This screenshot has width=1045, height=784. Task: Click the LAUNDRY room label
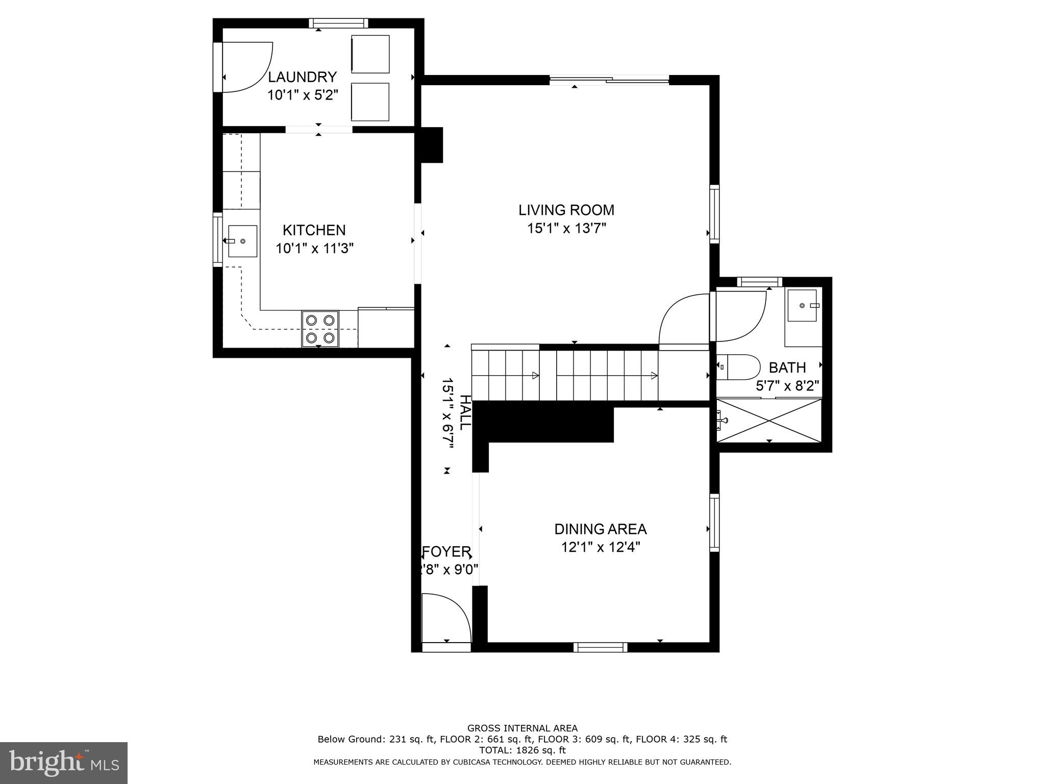point(303,77)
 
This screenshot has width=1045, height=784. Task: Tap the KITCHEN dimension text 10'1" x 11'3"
point(315,249)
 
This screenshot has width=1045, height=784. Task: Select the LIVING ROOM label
point(566,210)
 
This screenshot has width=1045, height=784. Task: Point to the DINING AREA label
point(601,529)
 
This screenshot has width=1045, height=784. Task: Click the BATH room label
point(787,367)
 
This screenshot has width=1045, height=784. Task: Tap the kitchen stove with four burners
point(320,329)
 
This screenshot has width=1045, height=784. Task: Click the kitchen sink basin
point(242,241)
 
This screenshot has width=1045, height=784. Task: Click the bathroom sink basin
point(802,305)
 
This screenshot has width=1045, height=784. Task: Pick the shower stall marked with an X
point(769,421)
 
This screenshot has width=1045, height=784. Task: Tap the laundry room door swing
point(247,67)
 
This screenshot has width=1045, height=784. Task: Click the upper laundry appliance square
point(370,54)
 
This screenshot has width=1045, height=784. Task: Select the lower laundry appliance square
point(370,102)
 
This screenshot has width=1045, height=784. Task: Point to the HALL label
point(465,412)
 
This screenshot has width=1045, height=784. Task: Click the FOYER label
point(446,552)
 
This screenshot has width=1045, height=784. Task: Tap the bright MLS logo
point(64,763)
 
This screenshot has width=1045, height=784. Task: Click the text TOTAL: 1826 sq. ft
point(522,750)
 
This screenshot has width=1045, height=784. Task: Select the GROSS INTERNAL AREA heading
point(522,728)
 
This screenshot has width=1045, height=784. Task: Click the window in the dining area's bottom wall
point(601,647)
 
